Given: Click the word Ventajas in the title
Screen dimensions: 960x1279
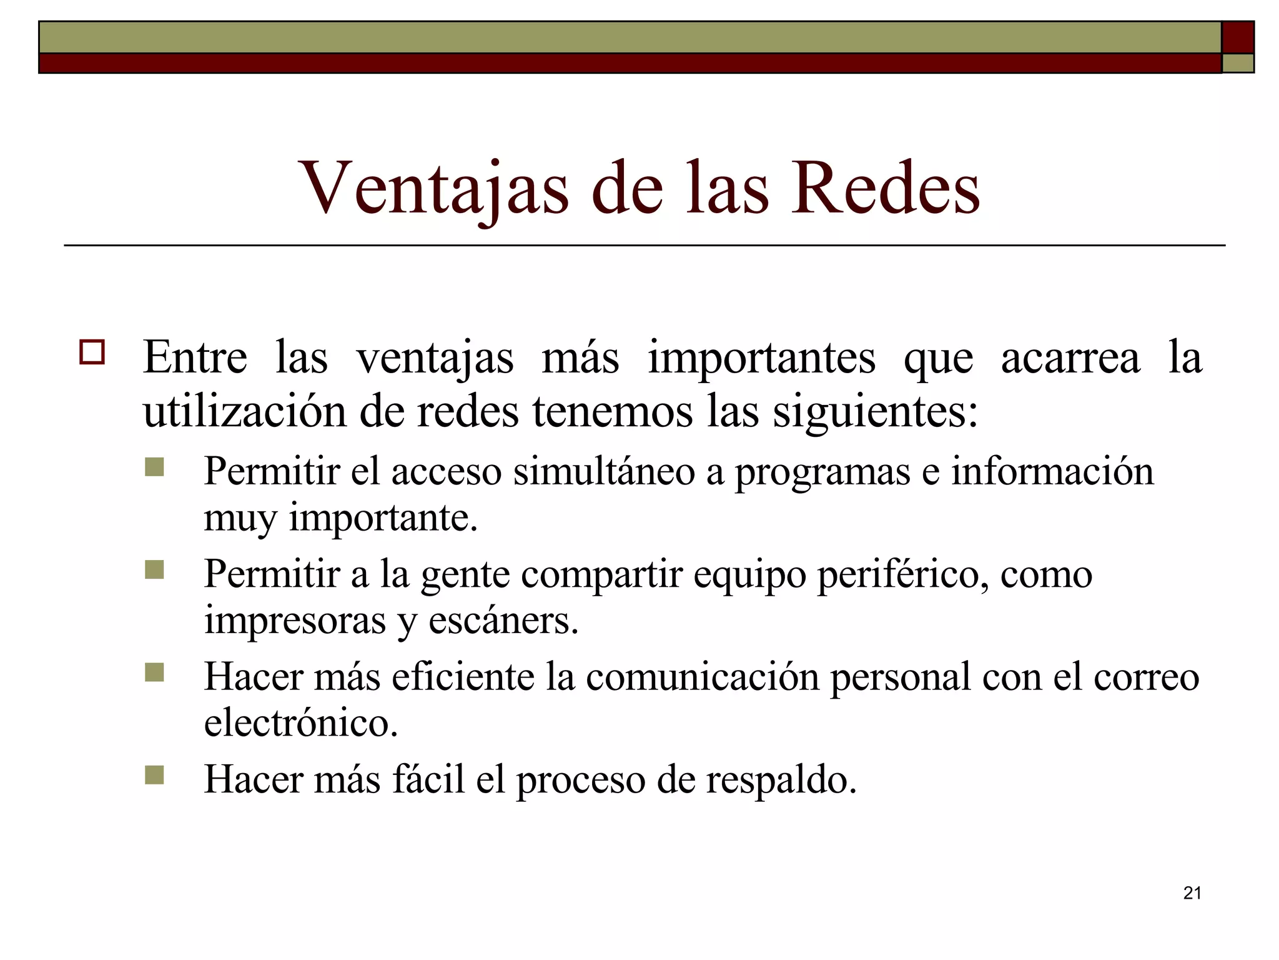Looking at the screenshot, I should pyautogui.click(x=435, y=189).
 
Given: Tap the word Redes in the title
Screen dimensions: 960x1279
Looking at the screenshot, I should pyautogui.click(x=886, y=189).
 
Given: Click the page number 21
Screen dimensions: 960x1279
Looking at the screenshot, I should pyautogui.click(x=1192, y=893).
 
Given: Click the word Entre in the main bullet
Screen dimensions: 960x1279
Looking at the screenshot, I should pyautogui.click(x=195, y=357).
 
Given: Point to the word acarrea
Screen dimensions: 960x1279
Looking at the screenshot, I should pyautogui.click(x=1070, y=357).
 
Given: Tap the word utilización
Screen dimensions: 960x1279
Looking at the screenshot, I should pyautogui.click(x=244, y=412).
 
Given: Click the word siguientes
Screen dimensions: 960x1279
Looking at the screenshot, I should pyautogui.click(x=875, y=413).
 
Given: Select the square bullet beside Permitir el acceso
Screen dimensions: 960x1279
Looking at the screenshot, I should pyautogui.click(x=154, y=467).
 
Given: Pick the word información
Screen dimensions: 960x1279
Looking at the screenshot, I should pyautogui.click(x=1052, y=471).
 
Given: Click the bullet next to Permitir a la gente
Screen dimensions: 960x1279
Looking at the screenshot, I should pyautogui.click(x=154, y=569).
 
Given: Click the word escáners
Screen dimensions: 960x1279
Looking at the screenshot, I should pyautogui.click(x=503, y=621).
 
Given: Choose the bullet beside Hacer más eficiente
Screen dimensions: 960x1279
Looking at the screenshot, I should pyautogui.click(x=154, y=672).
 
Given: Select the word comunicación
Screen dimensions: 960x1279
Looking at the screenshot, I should pyautogui.click(x=702, y=677).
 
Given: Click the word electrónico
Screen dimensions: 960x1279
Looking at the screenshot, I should pyautogui.click(x=301, y=723).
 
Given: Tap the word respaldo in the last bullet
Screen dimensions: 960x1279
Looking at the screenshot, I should pyautogui.click(x=781, y=780).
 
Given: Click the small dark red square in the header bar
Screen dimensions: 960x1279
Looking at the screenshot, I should pyautogui.click(x=1238, y=37).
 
